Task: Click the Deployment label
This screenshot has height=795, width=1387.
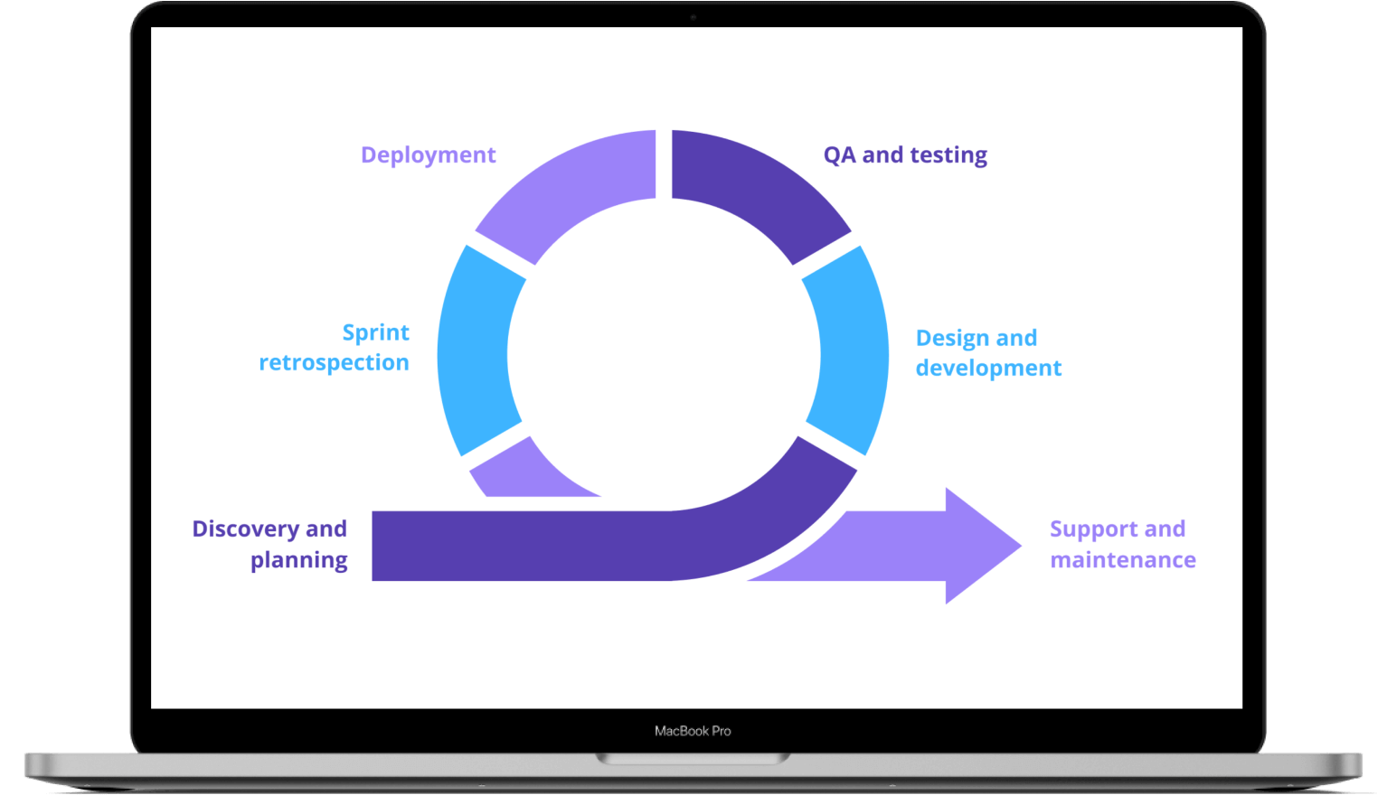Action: pyautogui.click(x=428, y=155)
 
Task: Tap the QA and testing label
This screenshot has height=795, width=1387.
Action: pyautogui.click(x=905, y=154)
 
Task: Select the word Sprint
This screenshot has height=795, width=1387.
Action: pyautogui.click(x=376, y=333)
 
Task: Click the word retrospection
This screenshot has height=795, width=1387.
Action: pyautogui.click(x=334, y=362)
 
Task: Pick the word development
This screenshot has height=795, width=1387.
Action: pyautogui.click(x=988, y=368)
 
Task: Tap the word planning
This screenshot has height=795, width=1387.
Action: pyautogui.click(x=299, y=560)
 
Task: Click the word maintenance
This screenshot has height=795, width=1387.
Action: pyautogui.click(x=1123, y=560)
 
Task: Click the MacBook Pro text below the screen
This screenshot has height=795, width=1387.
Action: pyautogui.click(x=693, y=731)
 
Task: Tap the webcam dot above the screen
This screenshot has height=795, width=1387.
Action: pyautogui.click(x=693, y=17)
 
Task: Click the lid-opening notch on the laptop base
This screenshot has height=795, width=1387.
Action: pyautogui.click(x=693, y=759)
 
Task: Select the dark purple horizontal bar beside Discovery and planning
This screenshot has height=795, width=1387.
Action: pyautogui.click(x=520, y=546)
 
